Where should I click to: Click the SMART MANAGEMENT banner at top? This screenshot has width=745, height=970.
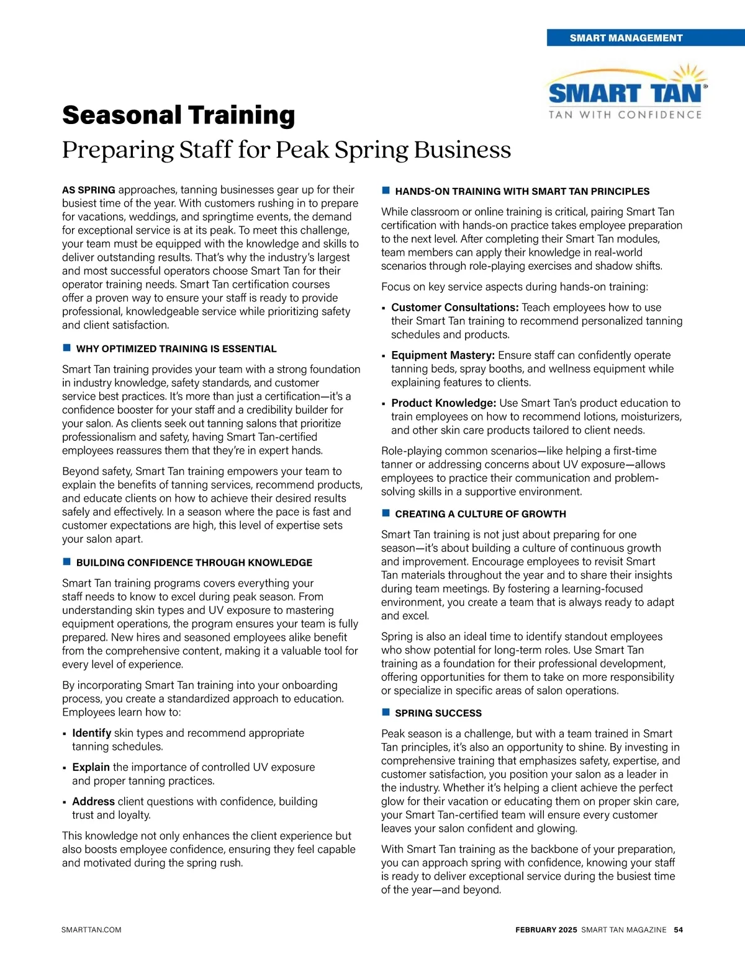[626, 38]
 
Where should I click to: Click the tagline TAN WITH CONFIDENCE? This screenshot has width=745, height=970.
[625, 115]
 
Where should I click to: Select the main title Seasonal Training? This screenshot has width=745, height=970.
[179, 115]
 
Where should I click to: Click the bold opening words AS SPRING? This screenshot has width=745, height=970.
[89, 190]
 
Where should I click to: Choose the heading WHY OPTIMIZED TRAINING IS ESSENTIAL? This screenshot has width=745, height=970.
[176, 349]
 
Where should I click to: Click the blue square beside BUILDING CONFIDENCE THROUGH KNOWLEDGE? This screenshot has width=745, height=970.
[66, 562]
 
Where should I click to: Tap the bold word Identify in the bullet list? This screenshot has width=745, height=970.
[92, 733]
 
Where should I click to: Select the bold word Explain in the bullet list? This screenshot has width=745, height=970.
[91, 767]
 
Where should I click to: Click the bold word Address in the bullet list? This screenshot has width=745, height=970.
[94, 801]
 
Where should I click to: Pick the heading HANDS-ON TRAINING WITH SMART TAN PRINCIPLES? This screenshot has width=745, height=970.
[522, 192]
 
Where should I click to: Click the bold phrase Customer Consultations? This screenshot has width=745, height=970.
[455, 308]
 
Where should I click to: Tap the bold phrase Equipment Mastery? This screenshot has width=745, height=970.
[443, 355]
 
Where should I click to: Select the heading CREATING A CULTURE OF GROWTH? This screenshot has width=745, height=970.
[481, 514]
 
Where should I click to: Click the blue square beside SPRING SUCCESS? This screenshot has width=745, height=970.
[386, 713]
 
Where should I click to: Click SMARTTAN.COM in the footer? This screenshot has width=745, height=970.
[92, 930]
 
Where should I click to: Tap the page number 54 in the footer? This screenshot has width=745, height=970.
[679, 930]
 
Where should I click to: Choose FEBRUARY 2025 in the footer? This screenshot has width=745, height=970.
[546, 930]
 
